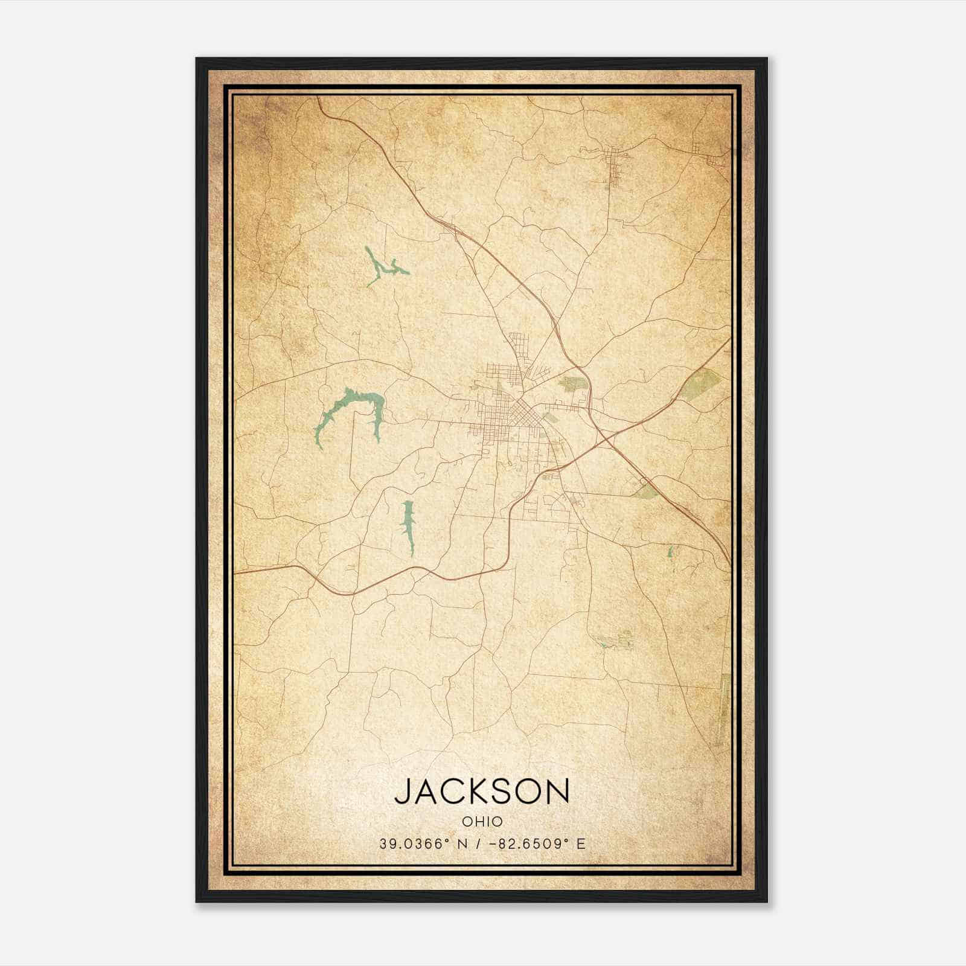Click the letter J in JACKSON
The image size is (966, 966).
click(403, 791)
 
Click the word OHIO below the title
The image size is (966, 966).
click(482, 821)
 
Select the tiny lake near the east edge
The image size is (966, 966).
click(670, 552)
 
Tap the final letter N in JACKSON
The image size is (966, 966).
click(558, 791)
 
